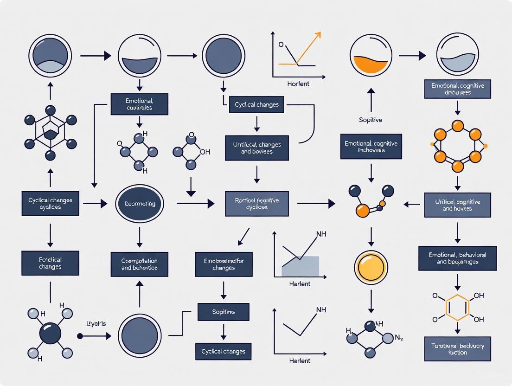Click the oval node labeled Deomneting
140,204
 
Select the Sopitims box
224,312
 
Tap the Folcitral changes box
50,263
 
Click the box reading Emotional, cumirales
139,104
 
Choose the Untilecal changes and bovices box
256,148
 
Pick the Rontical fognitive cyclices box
256,204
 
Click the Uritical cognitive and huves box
457,205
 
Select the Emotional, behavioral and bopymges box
457,258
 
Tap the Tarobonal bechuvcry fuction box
457,349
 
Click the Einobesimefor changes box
224,264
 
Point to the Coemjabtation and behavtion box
139,264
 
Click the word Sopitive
371,120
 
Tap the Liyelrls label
96,323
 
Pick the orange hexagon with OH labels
457,307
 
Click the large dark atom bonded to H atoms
50,333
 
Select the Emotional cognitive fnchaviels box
371,147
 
